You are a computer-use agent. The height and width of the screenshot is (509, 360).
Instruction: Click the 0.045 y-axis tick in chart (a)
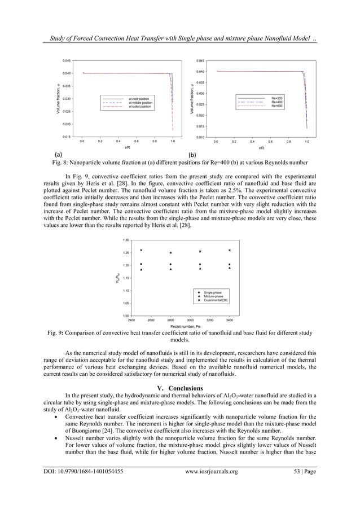[67, 60]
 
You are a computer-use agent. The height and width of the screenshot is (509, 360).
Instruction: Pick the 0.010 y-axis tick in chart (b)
[200, 137]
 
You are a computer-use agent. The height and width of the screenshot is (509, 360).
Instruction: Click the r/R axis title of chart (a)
[127, 148]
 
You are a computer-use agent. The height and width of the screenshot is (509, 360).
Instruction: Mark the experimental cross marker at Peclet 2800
[171, 253]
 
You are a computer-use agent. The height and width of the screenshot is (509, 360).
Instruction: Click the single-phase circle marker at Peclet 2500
[141, 264]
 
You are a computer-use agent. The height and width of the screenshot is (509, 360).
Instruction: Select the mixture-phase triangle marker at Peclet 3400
[230, 268]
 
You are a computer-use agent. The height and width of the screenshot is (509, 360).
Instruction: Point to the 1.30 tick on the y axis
[126, 240]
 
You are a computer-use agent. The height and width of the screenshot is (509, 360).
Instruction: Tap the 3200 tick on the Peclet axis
[210, 319]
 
